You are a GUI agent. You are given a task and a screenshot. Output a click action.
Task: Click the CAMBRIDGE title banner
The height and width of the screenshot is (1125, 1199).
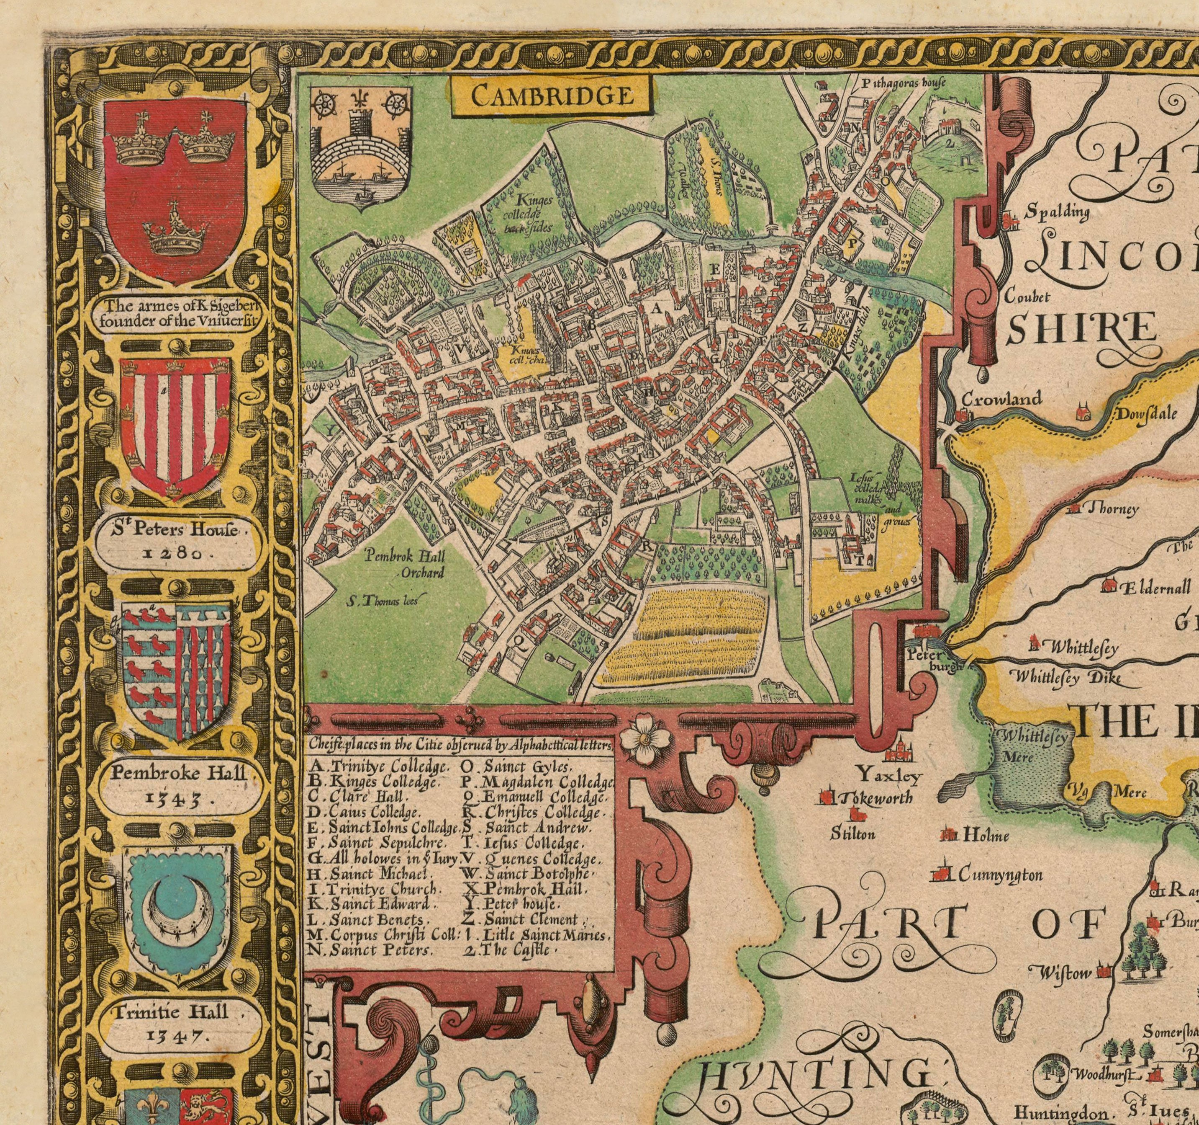coord(552,95)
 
